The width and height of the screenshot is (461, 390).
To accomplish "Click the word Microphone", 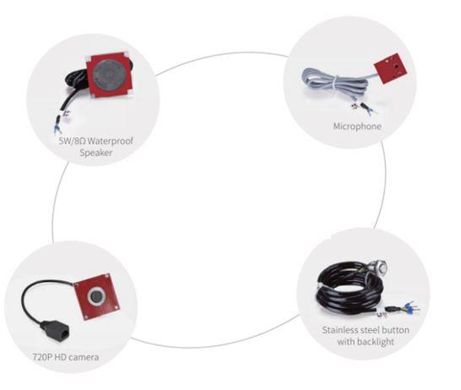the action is [x=357, y=127].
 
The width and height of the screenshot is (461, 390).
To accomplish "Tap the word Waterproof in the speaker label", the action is [x=111, y=141].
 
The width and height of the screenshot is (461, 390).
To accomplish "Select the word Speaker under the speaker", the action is [x=96, y=153].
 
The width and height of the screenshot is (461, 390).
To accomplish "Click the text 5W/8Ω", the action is [x=73, y=141].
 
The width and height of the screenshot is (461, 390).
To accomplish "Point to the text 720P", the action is [x=42, y=357].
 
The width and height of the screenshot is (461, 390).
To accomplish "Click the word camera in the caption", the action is [x=84, y=357].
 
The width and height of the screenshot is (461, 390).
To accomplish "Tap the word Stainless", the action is [x=339, y=330].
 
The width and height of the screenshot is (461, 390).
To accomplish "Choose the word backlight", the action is [x=376, y=342].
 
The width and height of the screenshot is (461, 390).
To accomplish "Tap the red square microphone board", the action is [x=391, y=68].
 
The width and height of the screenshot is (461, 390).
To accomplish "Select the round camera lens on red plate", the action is [x=95, y=296].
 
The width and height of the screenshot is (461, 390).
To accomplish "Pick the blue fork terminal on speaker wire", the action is [x=57, y=128].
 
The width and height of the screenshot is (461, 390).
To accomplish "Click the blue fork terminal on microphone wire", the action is [x=371, y=111].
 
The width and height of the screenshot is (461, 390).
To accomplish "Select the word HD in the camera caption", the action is [x=60, y=357].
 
